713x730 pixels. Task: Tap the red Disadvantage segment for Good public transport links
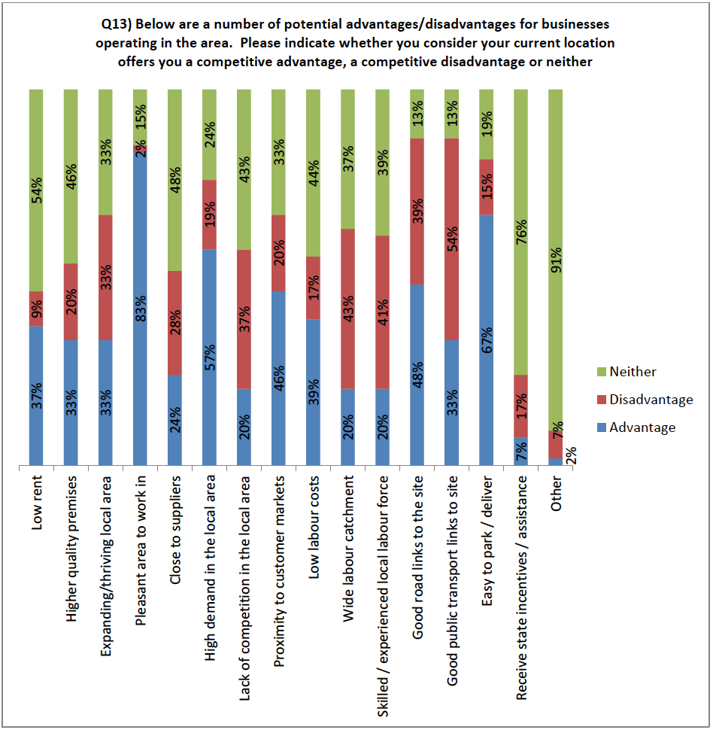coord(453,239)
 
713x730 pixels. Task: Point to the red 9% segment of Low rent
coord(36,309)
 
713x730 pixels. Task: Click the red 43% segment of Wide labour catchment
coord(348,309)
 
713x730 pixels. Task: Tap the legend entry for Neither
coord(633,372)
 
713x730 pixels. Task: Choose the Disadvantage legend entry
coord(651,400)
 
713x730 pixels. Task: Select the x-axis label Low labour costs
coord(314,516)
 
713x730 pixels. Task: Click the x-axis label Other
coord(557,493)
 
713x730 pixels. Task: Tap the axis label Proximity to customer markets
coord(279,561)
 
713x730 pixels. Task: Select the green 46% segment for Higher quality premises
coord(71,176)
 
